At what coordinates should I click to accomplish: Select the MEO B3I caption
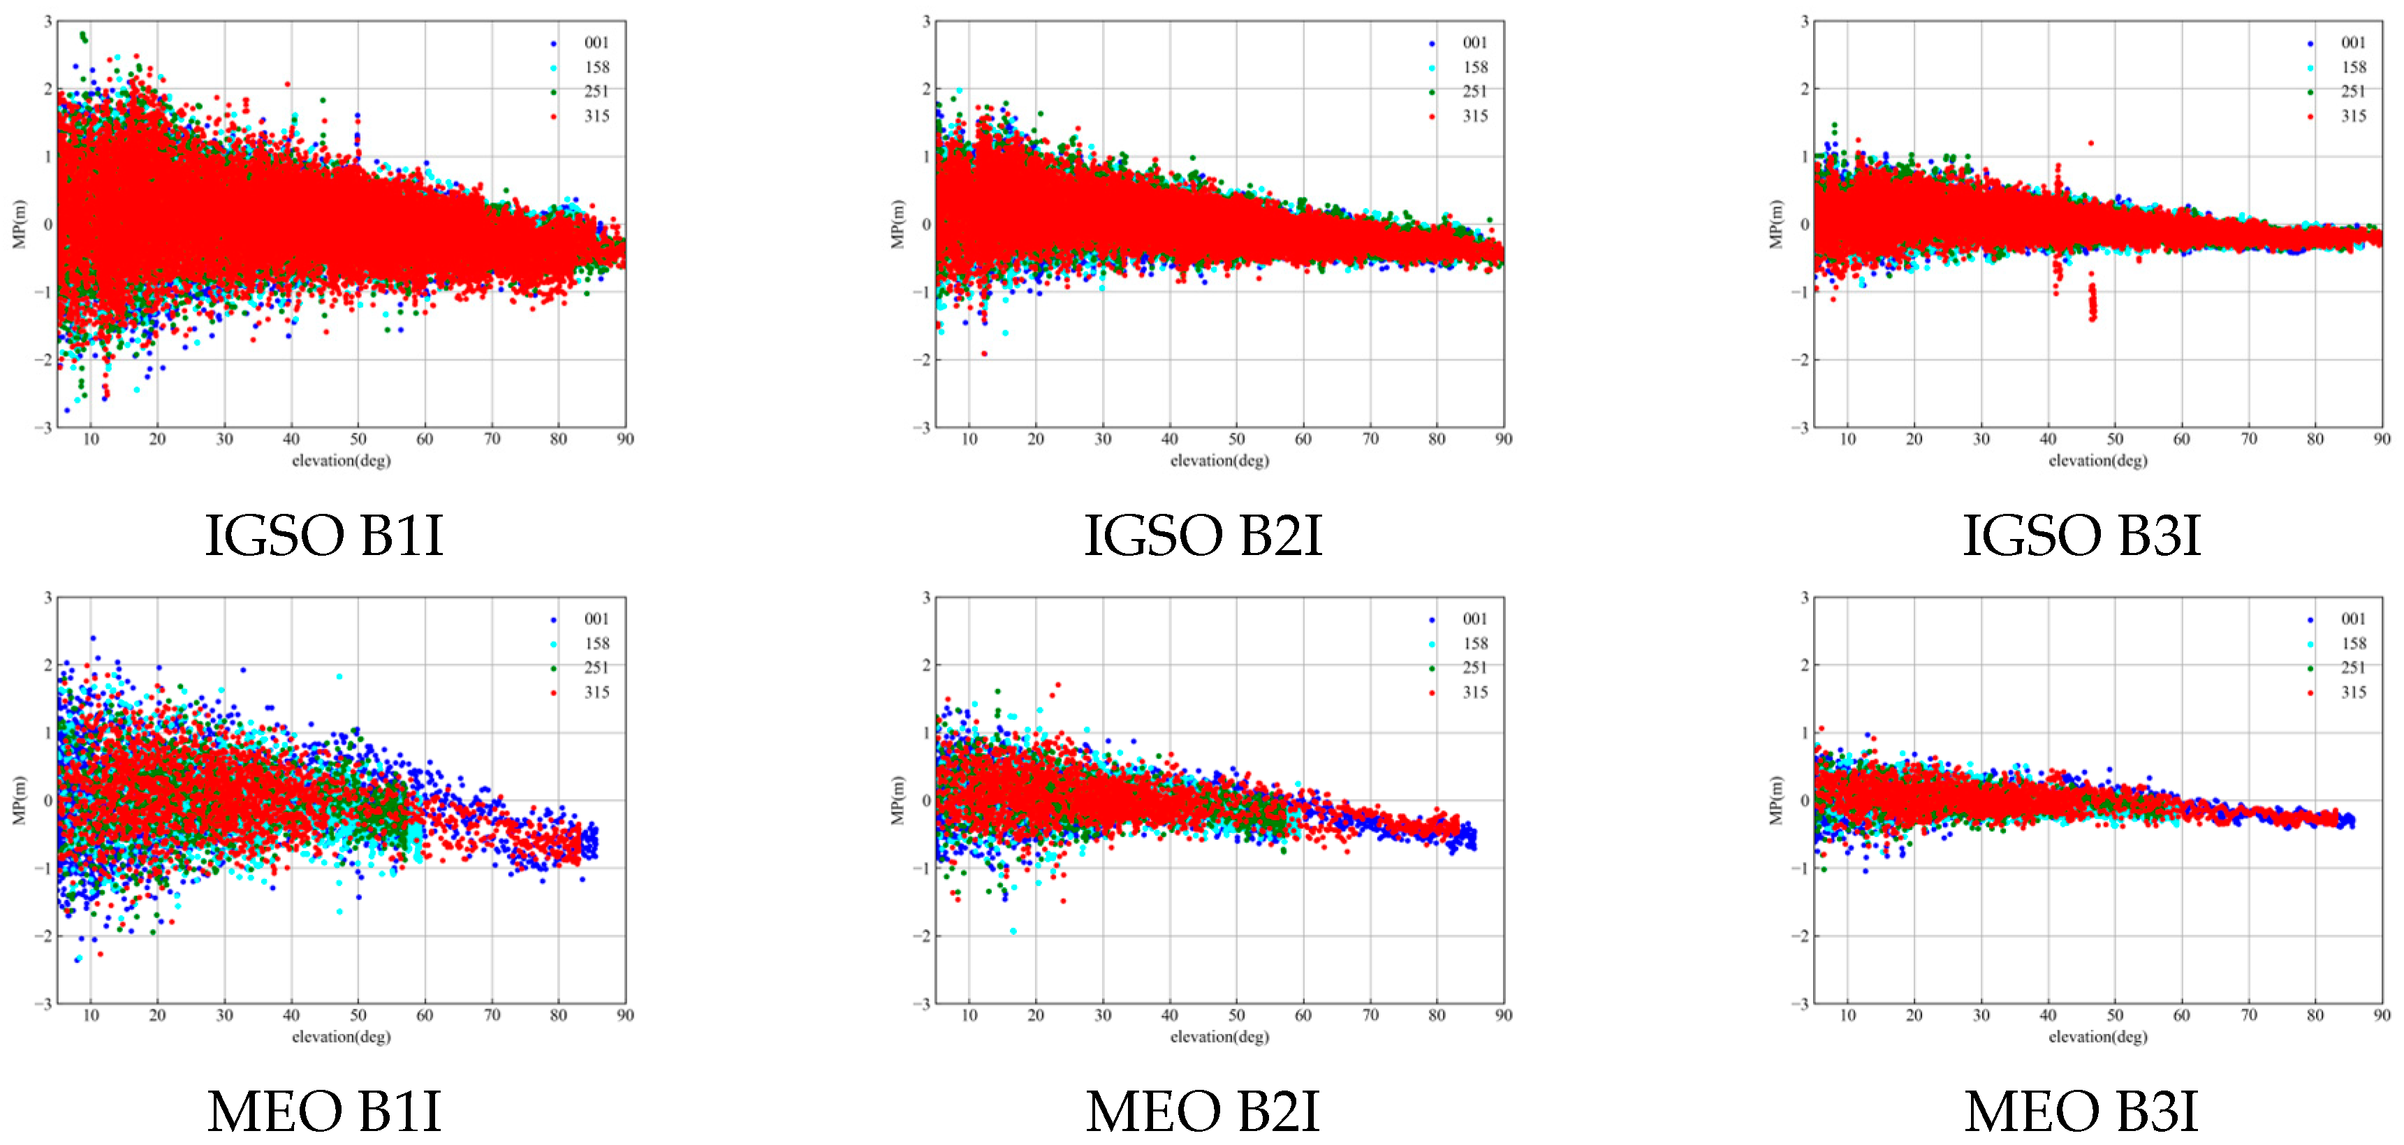point(2081,1111)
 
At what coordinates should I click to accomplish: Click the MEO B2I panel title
point(1202,1111)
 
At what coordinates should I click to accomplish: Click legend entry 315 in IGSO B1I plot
point(595,116)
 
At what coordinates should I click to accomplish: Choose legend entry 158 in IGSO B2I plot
point(1474,67)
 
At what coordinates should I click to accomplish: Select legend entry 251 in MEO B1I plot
point(595,667)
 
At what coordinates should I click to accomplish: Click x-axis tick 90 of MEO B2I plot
point(1504,1015)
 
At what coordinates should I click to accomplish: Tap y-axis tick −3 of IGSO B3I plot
point(1803,427)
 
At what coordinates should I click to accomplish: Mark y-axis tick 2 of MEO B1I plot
point(47,665)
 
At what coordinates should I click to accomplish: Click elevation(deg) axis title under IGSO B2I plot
point(1219,460)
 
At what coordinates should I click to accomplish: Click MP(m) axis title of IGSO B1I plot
point(19,224)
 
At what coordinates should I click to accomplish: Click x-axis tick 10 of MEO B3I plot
point(1848,1015)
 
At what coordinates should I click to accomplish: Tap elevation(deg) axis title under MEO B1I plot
point(341,1036)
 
